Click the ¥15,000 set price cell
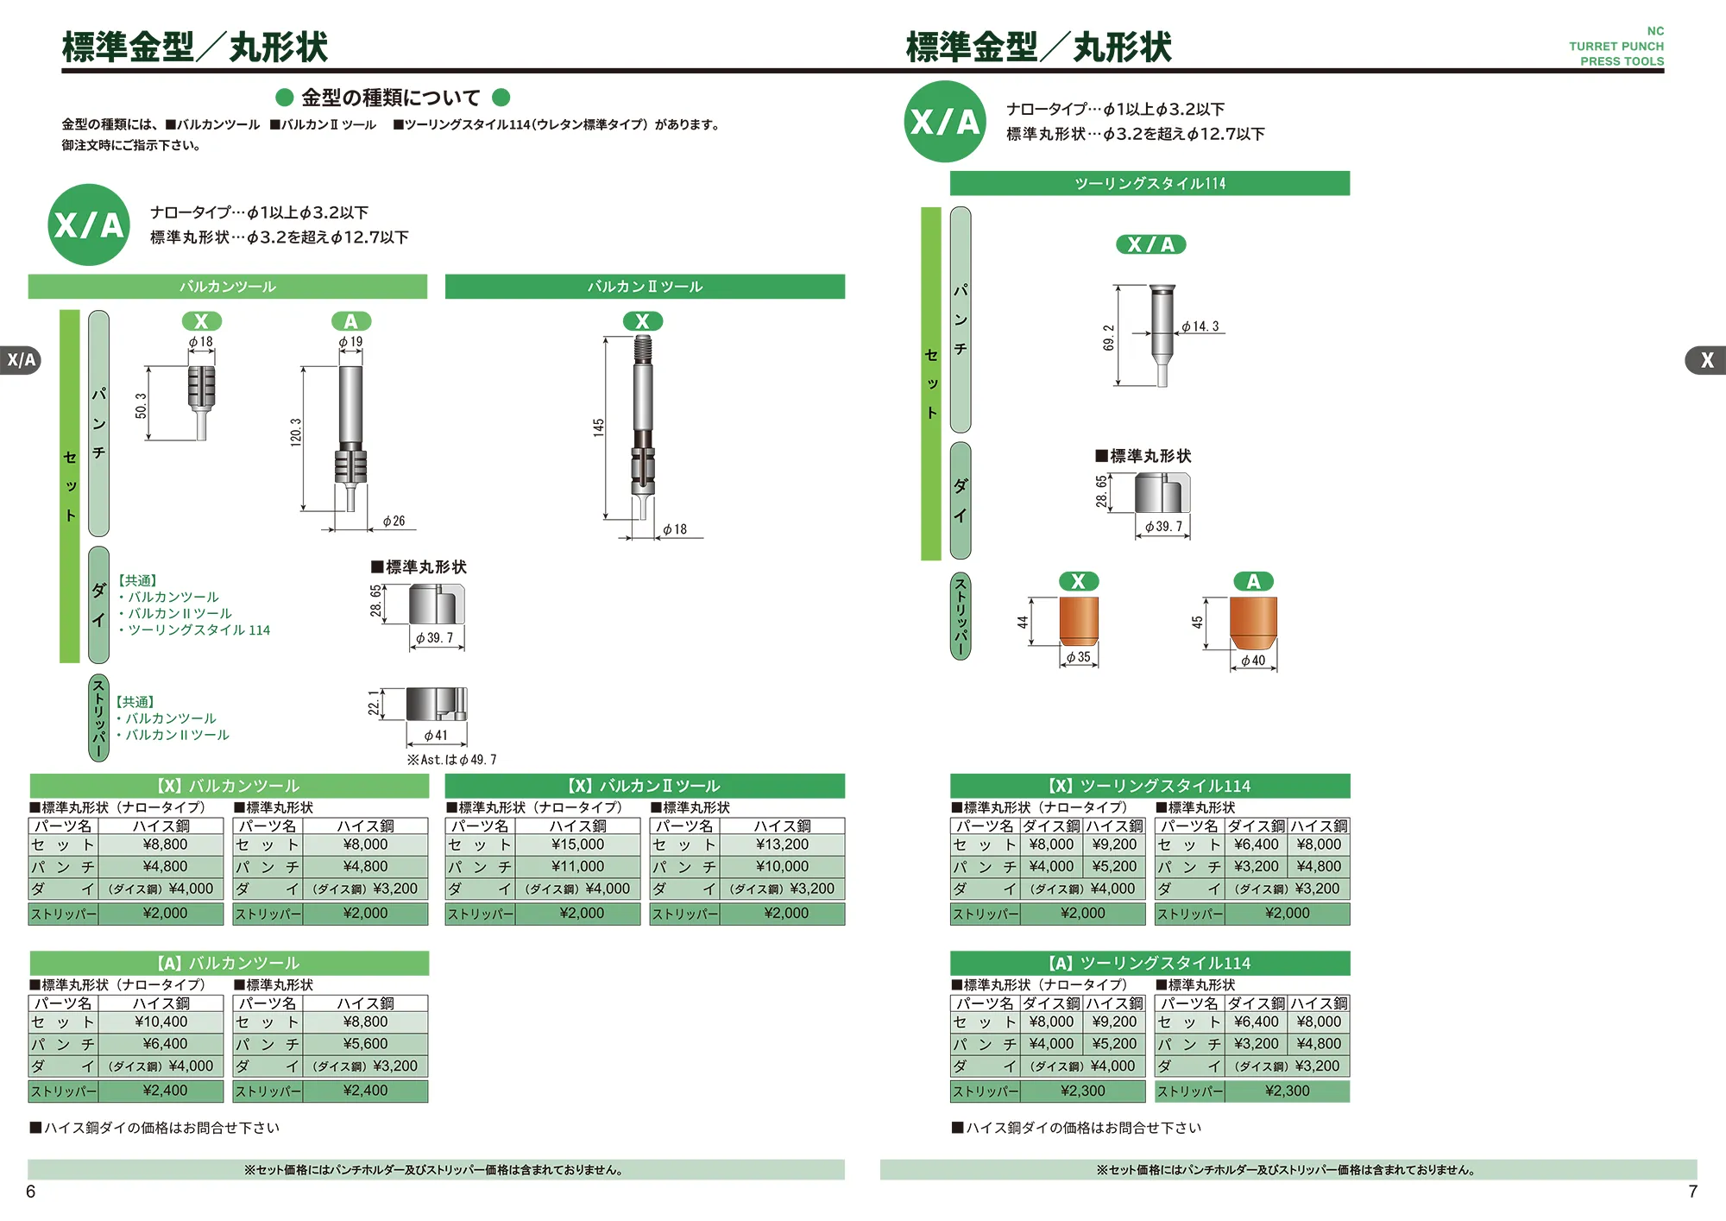(x=577, y=845)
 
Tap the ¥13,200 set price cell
(x=782, y=845)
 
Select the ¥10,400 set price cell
(x=161, y=1022)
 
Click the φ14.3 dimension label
(x=1200, y=326)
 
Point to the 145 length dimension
(x=598, y=427)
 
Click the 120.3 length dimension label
(x=296, y=432)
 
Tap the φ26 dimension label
(x=394, y=521)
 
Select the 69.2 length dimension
(x=1108, y=338)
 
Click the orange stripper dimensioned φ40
(x=1253, y=623)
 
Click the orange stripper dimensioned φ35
(x=1079, y=621)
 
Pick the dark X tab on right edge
(x=1706, y=360)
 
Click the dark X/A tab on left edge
(x=22, y=360)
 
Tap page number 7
(x=1692, y=1192)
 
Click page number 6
(x=31, y=1192)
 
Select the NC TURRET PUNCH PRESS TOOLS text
(x=1616, y=47)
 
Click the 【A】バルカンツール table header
(x=229, y=963)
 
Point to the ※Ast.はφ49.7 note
(x=452, y=760)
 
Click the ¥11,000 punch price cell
(x=577, y=866)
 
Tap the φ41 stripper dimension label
(x=436, y=736)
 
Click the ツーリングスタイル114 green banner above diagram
(x=1150, y=183)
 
